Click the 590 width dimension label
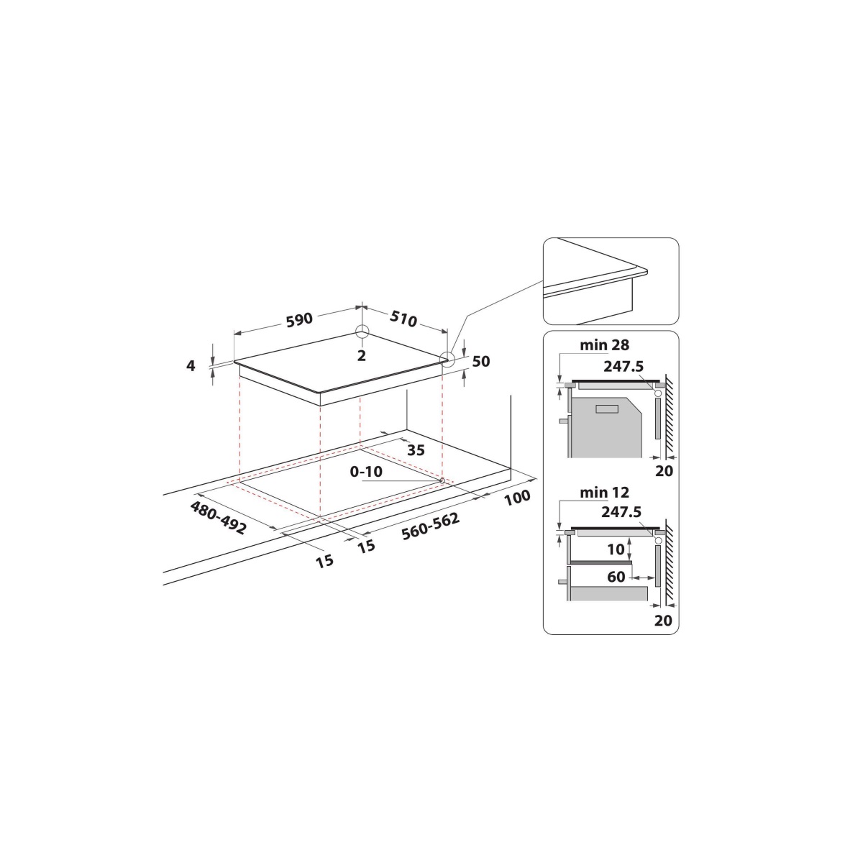pyautogui.click(x=299, y=320)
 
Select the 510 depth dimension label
pyautogui.click(x=403, y=319)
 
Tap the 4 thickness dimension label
pyautogui.click(x=191, y=366)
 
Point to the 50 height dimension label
pyautogui.click(x=481, y=362)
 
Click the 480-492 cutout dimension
pyautogui.click(x=219, y=518)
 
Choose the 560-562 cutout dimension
pyautogui.click(x=430, y=526)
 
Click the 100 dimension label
pyautogui.click(x=517, y=497)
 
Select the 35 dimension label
pyautogui.click(x=416, y=450)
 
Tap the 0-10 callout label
pyautogui.click(x=366, y=472)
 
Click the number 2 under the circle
pyautogui.click(x=362, y=355)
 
